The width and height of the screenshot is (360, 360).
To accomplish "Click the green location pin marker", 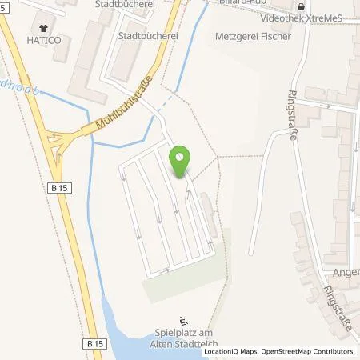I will point(182,162).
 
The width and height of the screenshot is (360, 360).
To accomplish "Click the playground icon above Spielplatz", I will point(183,316).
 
